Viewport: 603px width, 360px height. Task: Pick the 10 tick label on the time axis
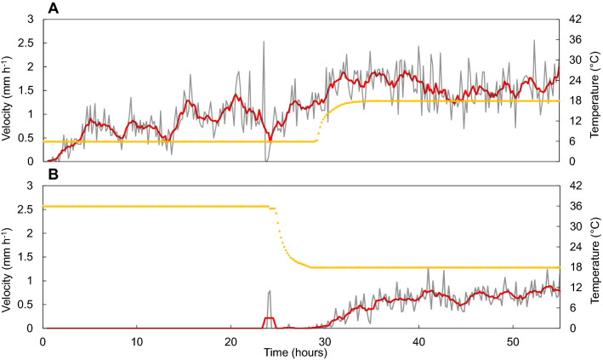point(136,340)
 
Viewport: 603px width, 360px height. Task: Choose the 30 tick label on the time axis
point(324,340)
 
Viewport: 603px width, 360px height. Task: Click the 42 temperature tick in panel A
point(573,19)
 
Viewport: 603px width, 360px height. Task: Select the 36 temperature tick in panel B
point(573,206)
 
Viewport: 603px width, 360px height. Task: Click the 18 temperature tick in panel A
point(573,100)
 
